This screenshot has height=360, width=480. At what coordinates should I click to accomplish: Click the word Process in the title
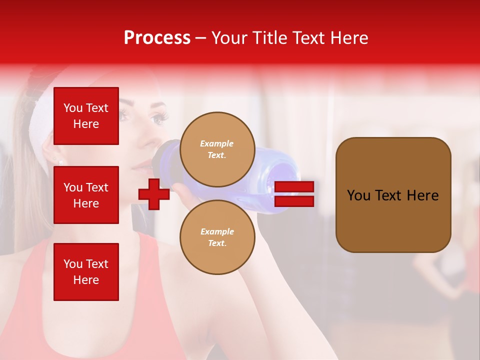click(157, 38)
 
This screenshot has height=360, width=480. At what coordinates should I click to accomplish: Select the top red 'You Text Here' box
click(86, 116)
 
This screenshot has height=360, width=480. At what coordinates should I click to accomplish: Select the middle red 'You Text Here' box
click(86, 195)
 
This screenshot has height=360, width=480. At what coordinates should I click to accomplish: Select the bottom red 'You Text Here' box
click(86, 272)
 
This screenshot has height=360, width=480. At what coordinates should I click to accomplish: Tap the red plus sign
click(154, 194)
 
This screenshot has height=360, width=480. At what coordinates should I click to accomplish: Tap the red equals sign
click(294, 194)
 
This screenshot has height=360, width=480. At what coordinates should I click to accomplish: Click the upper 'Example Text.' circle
click(217, 149)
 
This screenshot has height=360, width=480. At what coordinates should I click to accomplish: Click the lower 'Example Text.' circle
click(217, 237)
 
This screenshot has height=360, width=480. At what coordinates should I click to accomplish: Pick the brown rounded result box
click(393, 194)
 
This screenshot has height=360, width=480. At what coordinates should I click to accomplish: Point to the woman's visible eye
click(159, 118)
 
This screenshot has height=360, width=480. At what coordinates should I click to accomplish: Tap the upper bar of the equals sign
click(294, 187)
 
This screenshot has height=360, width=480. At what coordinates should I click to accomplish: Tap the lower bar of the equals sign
click(294, 201)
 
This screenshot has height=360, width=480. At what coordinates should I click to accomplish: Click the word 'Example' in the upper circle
click(217, 144)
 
